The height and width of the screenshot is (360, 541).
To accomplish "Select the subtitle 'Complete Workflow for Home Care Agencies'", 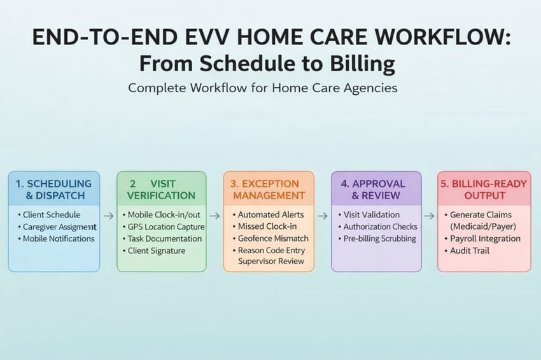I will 263,88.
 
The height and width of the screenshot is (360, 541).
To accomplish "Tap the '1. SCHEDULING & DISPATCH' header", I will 53,189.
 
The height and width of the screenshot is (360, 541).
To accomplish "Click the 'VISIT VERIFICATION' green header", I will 162,189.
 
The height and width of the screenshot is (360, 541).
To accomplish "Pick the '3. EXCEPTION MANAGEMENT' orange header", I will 269,189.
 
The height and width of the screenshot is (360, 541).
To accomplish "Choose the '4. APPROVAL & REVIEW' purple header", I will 376,189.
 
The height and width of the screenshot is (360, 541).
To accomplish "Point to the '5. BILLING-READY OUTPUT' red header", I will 484,189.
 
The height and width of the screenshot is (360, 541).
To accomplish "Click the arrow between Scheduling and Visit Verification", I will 108,216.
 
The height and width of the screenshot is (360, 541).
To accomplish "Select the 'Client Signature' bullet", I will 157,251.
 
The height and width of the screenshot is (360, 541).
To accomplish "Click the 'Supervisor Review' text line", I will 271,261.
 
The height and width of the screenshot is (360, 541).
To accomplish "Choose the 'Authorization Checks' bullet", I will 380,226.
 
